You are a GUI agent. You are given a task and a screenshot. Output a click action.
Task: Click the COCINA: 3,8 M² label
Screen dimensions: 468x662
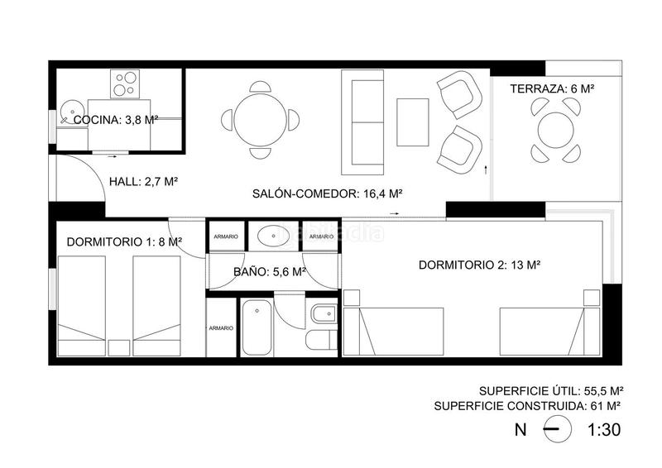tap(116, 120)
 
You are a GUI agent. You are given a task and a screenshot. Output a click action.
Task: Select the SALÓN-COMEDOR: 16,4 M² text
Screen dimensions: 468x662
tap(327, 194)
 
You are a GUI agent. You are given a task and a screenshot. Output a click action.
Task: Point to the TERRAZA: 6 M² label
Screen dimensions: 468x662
tap(553, 88)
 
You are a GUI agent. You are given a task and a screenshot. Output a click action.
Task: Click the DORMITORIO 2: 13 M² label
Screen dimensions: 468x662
tap(479, 265)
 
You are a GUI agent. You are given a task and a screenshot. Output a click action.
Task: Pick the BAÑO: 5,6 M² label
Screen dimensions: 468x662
tap(270, 270)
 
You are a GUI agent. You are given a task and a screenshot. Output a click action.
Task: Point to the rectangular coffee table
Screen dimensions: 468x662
tap(412, 122)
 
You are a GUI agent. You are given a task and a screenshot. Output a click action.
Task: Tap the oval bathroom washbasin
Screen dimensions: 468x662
tap(272, 236)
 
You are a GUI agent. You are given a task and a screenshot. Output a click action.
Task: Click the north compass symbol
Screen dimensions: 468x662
tap(556, 430)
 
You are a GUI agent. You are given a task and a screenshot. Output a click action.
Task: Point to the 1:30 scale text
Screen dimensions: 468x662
tap(603, 430)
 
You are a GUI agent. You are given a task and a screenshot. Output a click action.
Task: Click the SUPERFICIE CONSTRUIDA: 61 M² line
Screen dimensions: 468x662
tap(527, 406)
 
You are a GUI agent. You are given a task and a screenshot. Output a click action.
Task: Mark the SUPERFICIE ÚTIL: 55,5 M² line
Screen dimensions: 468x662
tap(550, 390)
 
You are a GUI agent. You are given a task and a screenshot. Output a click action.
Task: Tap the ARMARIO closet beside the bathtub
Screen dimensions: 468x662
tap(221, 329)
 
